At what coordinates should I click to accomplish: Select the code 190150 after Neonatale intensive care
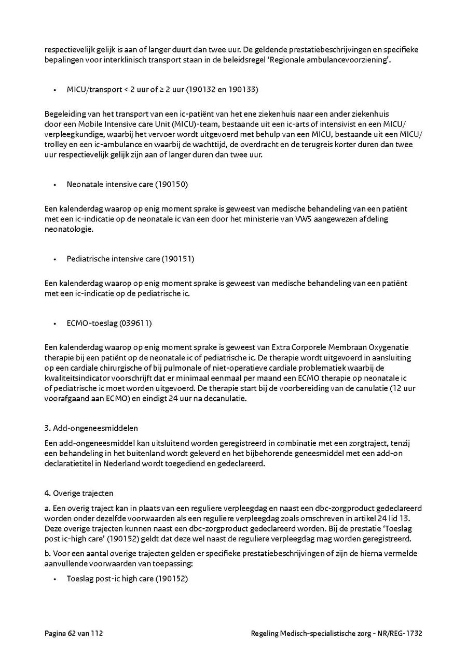pos(174,184)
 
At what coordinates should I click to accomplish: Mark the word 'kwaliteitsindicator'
pos(75,378)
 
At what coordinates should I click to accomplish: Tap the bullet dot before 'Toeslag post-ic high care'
pos(54,578)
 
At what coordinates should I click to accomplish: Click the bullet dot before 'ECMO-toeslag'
pos(54,323)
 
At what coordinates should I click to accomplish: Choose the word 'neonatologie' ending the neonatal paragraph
pos(68,229)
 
